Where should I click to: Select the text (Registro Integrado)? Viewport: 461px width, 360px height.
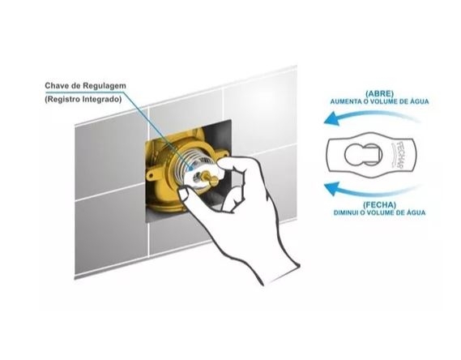click(83, 99)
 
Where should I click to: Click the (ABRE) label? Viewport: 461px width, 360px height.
click(379, 94)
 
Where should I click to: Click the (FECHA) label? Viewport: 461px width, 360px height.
click(379, 204)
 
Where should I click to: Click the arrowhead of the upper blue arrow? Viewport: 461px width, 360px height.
click(331, 119)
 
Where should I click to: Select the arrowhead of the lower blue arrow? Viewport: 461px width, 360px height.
click(331, 188)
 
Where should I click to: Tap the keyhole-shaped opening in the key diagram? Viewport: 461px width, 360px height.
click(363, 154)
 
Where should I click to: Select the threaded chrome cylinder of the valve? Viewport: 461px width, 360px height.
click(194, 162)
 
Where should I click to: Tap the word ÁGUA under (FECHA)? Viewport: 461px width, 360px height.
click(416, 212)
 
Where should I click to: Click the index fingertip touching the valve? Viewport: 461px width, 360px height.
click(226, 164)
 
